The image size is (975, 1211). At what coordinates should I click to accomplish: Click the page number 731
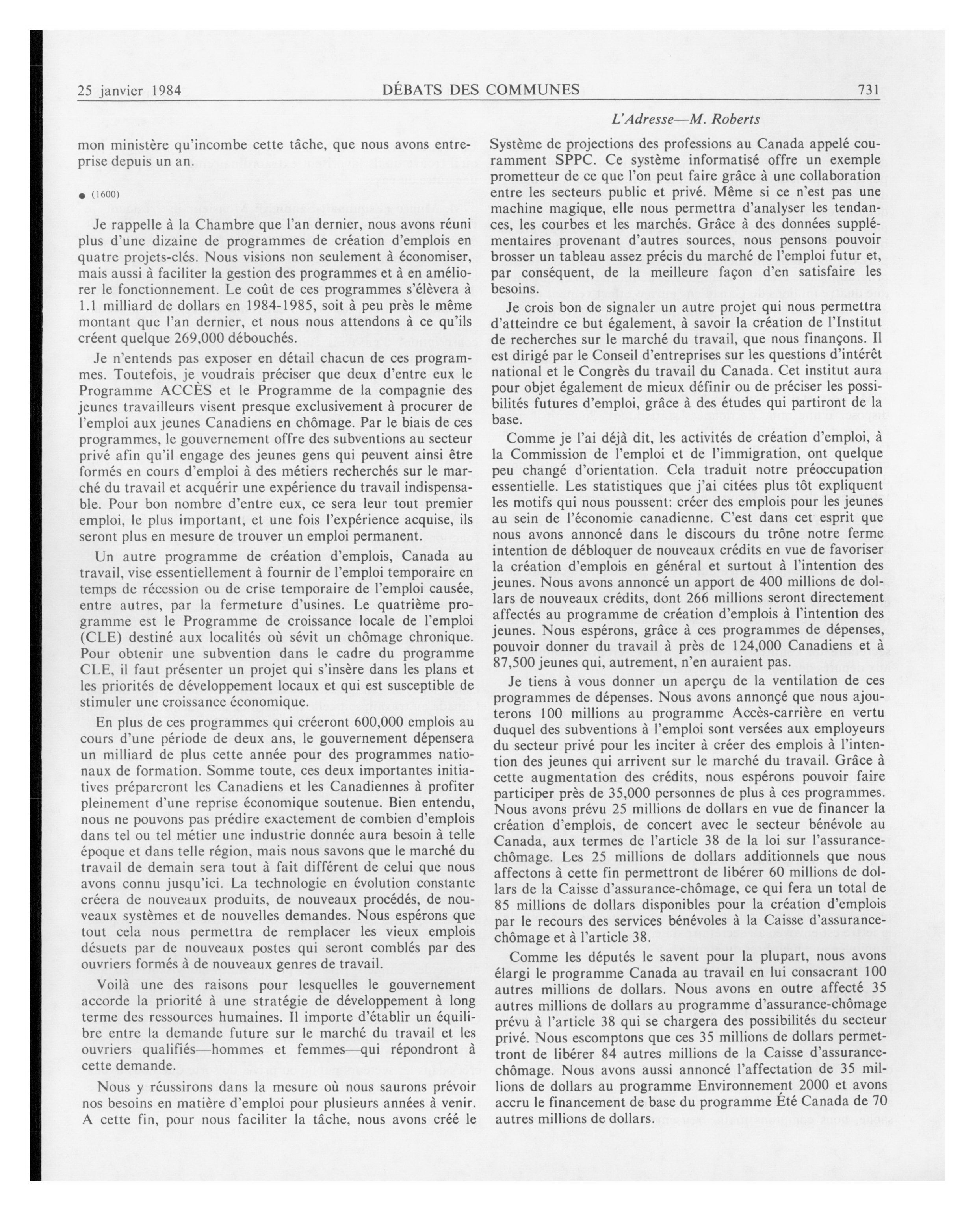pos(868,90)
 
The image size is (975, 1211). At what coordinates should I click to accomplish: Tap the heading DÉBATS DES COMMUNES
pos(481,89)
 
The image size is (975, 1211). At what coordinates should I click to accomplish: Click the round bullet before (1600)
pos(82,195)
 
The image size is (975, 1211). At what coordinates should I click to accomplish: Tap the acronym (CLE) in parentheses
pos(98,637)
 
